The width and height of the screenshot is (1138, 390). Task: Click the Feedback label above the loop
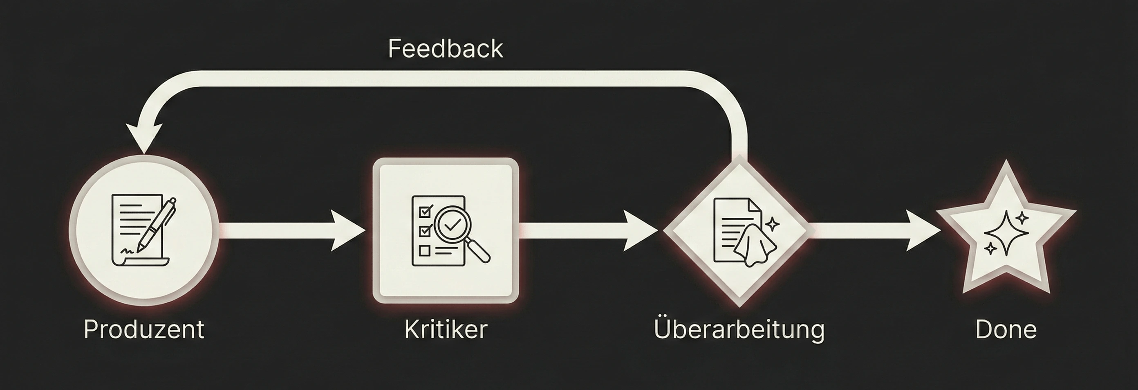pyautogui.click(x=445, y=49)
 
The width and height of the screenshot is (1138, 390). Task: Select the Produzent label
pyautogui.click(x=144, y=329)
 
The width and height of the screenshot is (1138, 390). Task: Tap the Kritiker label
pyautogui.click(x=445, y=329)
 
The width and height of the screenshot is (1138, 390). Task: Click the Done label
pyautogui.click(x=1006, y=329)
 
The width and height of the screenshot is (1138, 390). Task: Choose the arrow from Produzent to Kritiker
pyautogui.click(x=291, y=231)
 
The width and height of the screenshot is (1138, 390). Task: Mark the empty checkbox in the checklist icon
pyautogui.click(x=425, y=251)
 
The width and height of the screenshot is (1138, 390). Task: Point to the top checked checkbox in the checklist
pyautogui.click(x=425, y=211)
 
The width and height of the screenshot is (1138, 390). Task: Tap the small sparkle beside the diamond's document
pyautogui.click(x=772, y=224)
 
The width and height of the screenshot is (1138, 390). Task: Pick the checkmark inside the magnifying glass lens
pyautogui.click(x=452, y=226)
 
